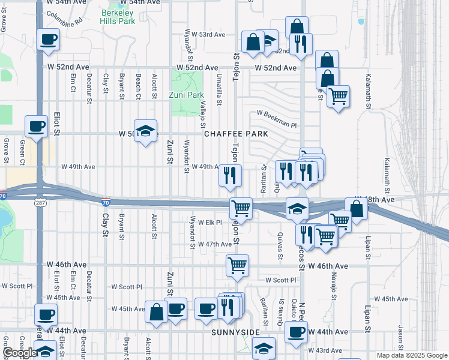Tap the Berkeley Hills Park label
[x=118, y=16]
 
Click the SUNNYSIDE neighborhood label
[x=235, y=332]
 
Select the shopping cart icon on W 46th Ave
[x=237, y=265]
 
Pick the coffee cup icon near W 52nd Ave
[x=49, y=40]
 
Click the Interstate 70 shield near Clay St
[x=105, y=204]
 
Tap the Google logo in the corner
[x=20, y=353]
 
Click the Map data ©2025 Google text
[x=412, y=355]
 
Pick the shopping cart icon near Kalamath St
[x=338, y=95]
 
